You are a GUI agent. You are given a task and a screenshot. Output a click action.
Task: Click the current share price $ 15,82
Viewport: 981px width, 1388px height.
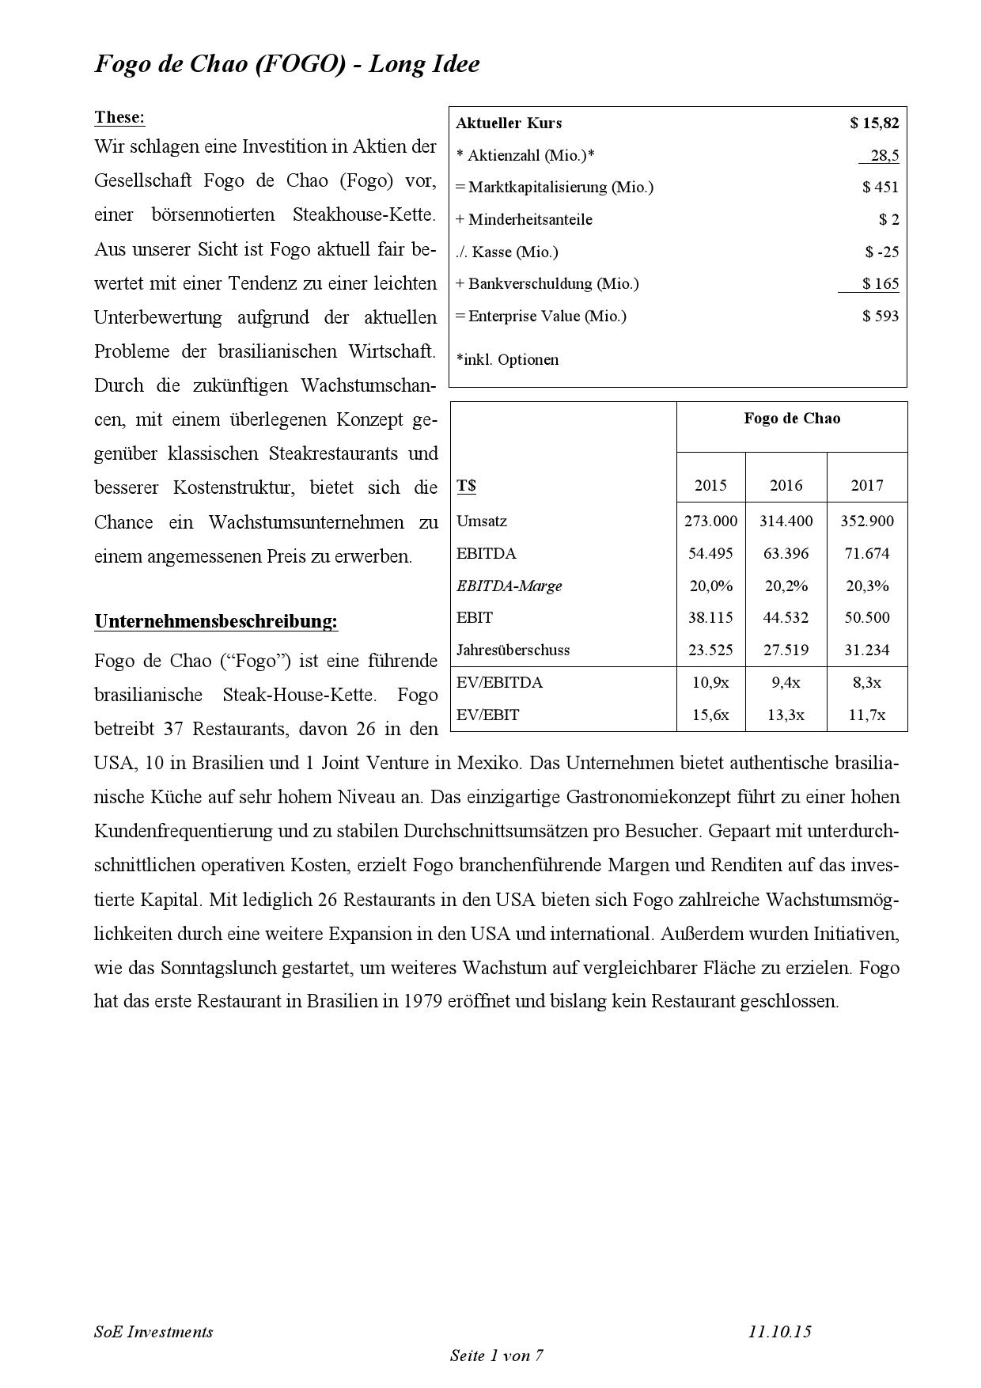pyautogui.click(x=874, y=123)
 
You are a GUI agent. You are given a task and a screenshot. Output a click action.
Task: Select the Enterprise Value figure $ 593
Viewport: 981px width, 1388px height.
pyautogui.click(x=881, y=316)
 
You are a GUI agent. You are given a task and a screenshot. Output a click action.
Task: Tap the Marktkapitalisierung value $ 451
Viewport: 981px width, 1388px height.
pyautogui.click(x=881, y=187)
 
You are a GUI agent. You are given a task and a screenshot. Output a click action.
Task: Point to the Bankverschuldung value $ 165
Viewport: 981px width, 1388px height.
pyautogui.click(x=881, y=283)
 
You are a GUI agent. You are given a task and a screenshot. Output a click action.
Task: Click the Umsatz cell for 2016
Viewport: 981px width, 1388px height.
pyautogui.click(x=786, y=521)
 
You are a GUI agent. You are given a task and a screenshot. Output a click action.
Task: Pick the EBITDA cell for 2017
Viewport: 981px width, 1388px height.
pyautogui.click(x=867, y=553)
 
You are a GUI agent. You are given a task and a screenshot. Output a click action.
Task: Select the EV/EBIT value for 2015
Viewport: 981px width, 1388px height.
pyautogui.click(x=710, y=715)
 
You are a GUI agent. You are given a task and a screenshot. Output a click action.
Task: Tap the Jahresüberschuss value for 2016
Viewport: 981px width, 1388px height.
pyautogui.click(x=786, y=650)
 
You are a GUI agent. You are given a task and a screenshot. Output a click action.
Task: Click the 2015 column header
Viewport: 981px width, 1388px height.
pyautogui.click(x=710, y=485)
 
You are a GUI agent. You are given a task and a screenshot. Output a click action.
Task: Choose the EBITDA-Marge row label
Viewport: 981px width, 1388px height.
pyautogui.click(x=509, y=586)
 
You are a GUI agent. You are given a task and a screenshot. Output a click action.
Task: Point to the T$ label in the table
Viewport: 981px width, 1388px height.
pyautogui.click(x=466, y=485)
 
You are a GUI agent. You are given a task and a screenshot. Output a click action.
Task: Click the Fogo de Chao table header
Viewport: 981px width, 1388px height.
pyautogui.click(x=792, y=418)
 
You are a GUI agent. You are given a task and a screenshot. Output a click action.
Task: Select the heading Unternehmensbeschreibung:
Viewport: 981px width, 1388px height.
pyautogui.click(x=216, y=621)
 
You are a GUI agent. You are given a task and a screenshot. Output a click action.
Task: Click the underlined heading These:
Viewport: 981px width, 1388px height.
pyautogui.click(x=119, y=117)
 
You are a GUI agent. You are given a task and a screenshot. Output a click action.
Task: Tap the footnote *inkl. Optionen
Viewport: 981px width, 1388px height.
pyautogui.click(x=507, y=359)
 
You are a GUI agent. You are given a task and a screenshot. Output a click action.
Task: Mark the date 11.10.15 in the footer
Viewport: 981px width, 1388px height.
pyautogui.click(x=779, y=1331)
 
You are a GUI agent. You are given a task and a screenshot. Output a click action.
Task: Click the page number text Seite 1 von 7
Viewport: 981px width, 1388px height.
pyautogui.click(x=496, y=1355)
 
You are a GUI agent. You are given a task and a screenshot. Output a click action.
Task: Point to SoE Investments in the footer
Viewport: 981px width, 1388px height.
pyautogui.click(x=153, y=1331)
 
